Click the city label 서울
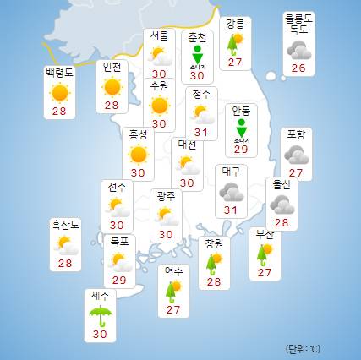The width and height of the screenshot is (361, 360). pos(157,35)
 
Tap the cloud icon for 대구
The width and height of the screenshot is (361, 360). pos(230,191)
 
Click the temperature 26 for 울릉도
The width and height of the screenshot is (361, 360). pos(299,68)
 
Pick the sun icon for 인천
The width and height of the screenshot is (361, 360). pos(111,85)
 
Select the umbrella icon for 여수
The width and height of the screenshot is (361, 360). pos(174,292)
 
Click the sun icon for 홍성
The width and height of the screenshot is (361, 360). pos(137,154)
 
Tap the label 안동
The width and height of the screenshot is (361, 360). pos(241,110)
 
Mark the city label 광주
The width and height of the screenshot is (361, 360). pos(165,195)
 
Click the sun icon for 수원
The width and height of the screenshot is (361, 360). pos(157,105)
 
